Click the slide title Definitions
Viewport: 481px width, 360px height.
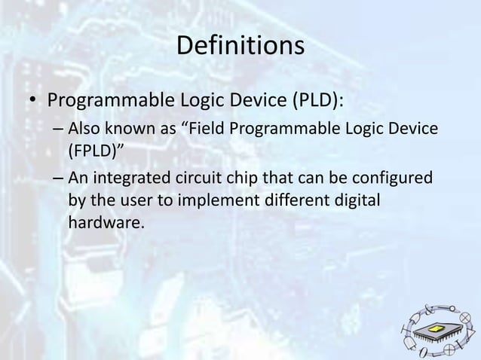[240, 46]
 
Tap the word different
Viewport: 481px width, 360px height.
[302, 201]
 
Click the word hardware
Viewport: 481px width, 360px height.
[105, 223]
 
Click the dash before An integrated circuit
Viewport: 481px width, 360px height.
[57, 180]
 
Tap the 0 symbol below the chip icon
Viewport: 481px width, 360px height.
[426, 351]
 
